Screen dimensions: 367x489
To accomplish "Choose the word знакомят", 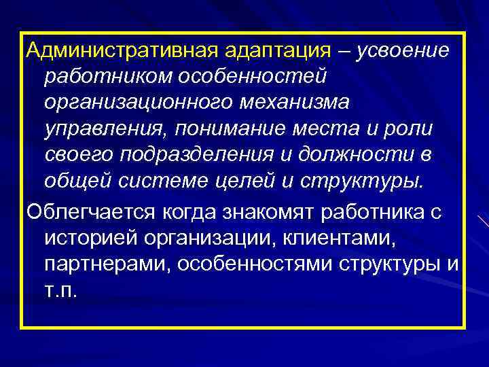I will point(257,211).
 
